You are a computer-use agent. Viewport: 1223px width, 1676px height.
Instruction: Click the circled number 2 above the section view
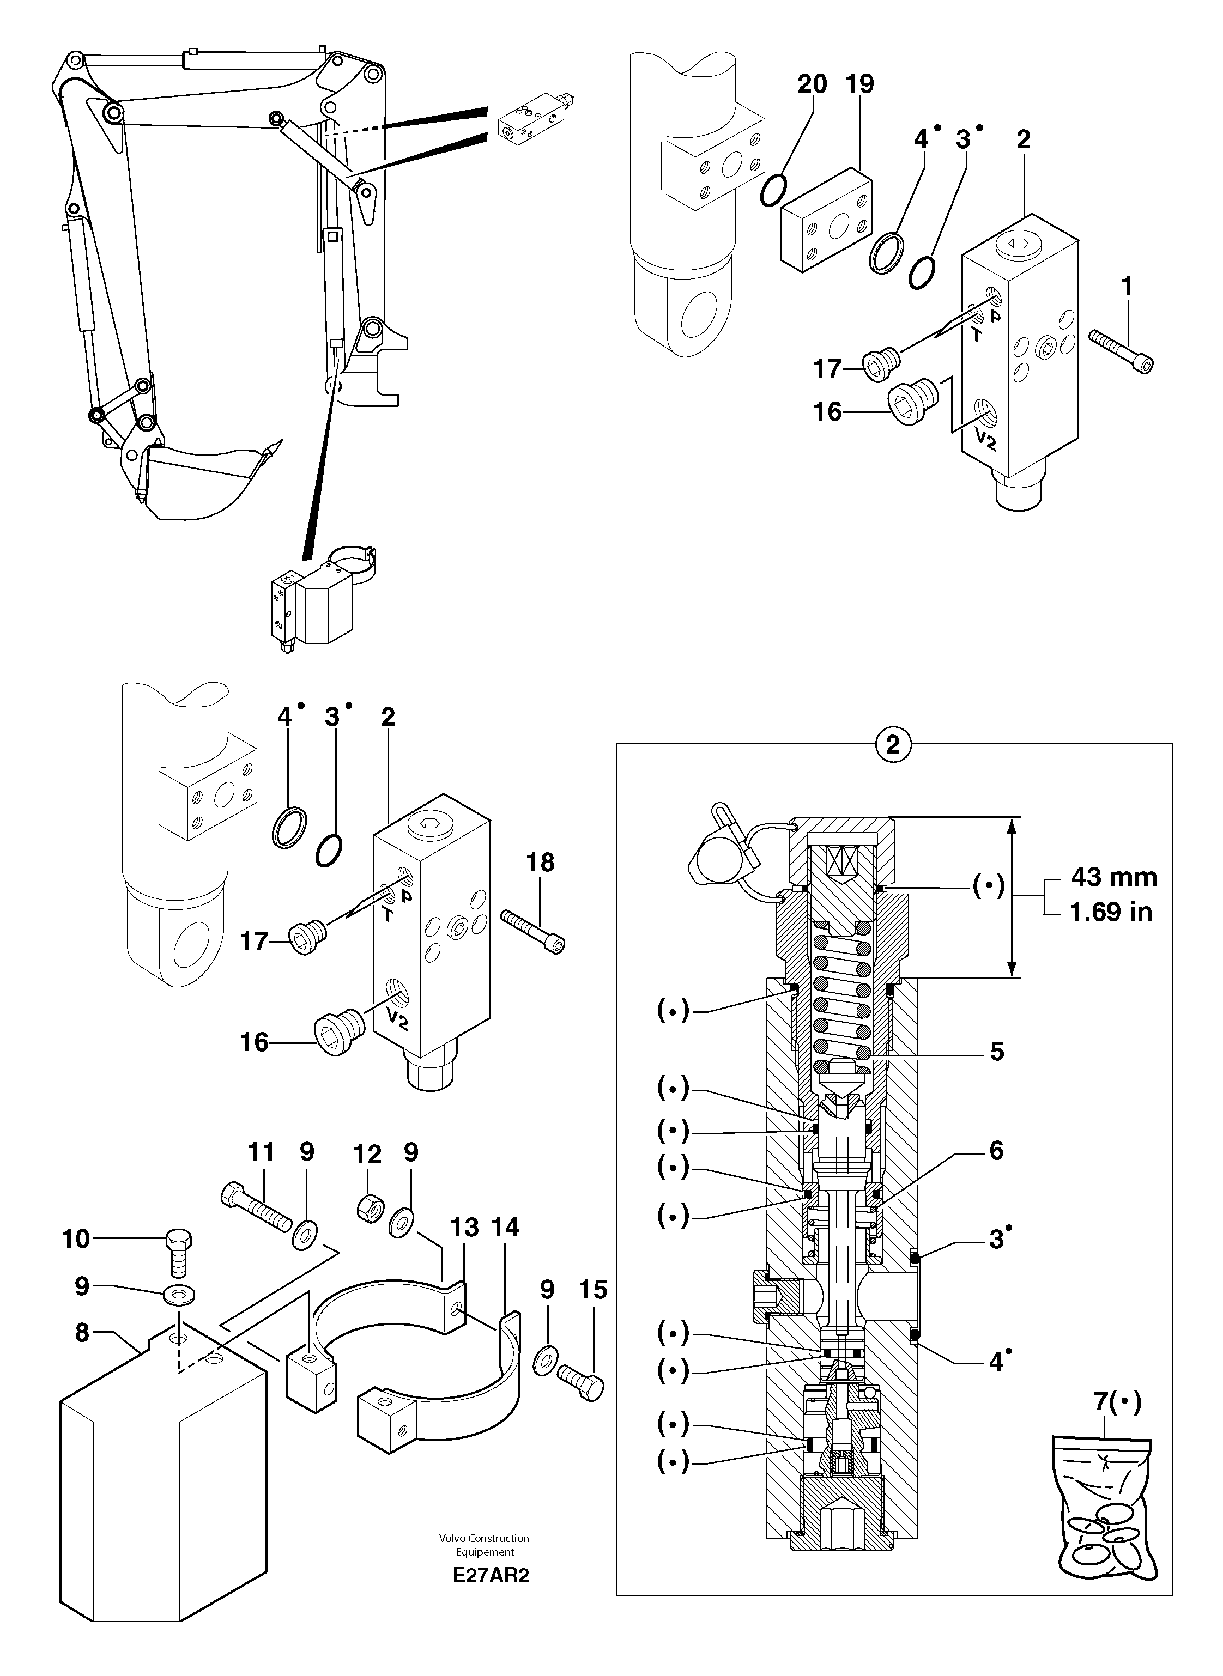tap(893, 744)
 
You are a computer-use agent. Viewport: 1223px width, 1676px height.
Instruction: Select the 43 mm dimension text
tap(1113, 878)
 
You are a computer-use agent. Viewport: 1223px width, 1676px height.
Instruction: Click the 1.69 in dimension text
tap(1111, 912)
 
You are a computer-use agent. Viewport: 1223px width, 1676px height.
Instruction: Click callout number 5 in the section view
tap(996, 1052)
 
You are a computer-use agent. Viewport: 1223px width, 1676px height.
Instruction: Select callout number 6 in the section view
tap(996, 1151)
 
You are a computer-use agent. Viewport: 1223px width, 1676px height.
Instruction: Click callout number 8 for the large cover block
tap(82, 1333)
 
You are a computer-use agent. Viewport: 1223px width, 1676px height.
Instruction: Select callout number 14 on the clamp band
tap(506, 1228)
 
